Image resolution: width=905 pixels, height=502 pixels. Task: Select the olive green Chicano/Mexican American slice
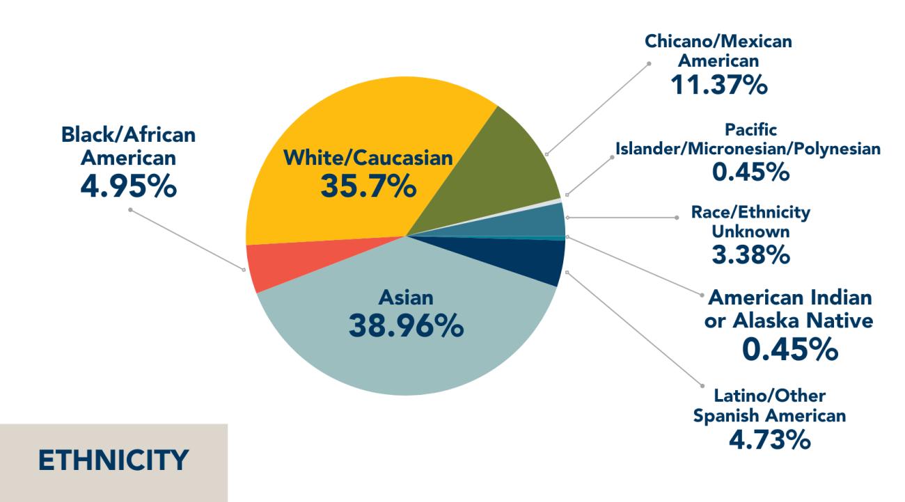tap(508, 167)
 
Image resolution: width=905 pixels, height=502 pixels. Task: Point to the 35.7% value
tap(368, 186)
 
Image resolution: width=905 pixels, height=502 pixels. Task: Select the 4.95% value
tap(127, 186)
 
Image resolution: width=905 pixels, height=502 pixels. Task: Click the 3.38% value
tap(750, 255)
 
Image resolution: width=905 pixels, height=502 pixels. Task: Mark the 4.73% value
tap(769, 439)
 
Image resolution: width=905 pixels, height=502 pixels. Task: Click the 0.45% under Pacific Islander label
tap(750, 171)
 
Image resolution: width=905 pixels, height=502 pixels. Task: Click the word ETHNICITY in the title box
tap(113, 461)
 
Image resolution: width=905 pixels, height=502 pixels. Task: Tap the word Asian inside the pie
tap(406, 298)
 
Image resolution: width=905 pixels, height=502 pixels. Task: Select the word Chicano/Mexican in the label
tap(718, 42)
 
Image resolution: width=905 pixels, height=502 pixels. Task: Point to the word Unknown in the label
tap(750, 232)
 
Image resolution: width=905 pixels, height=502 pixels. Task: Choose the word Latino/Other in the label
tap(769, 396)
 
